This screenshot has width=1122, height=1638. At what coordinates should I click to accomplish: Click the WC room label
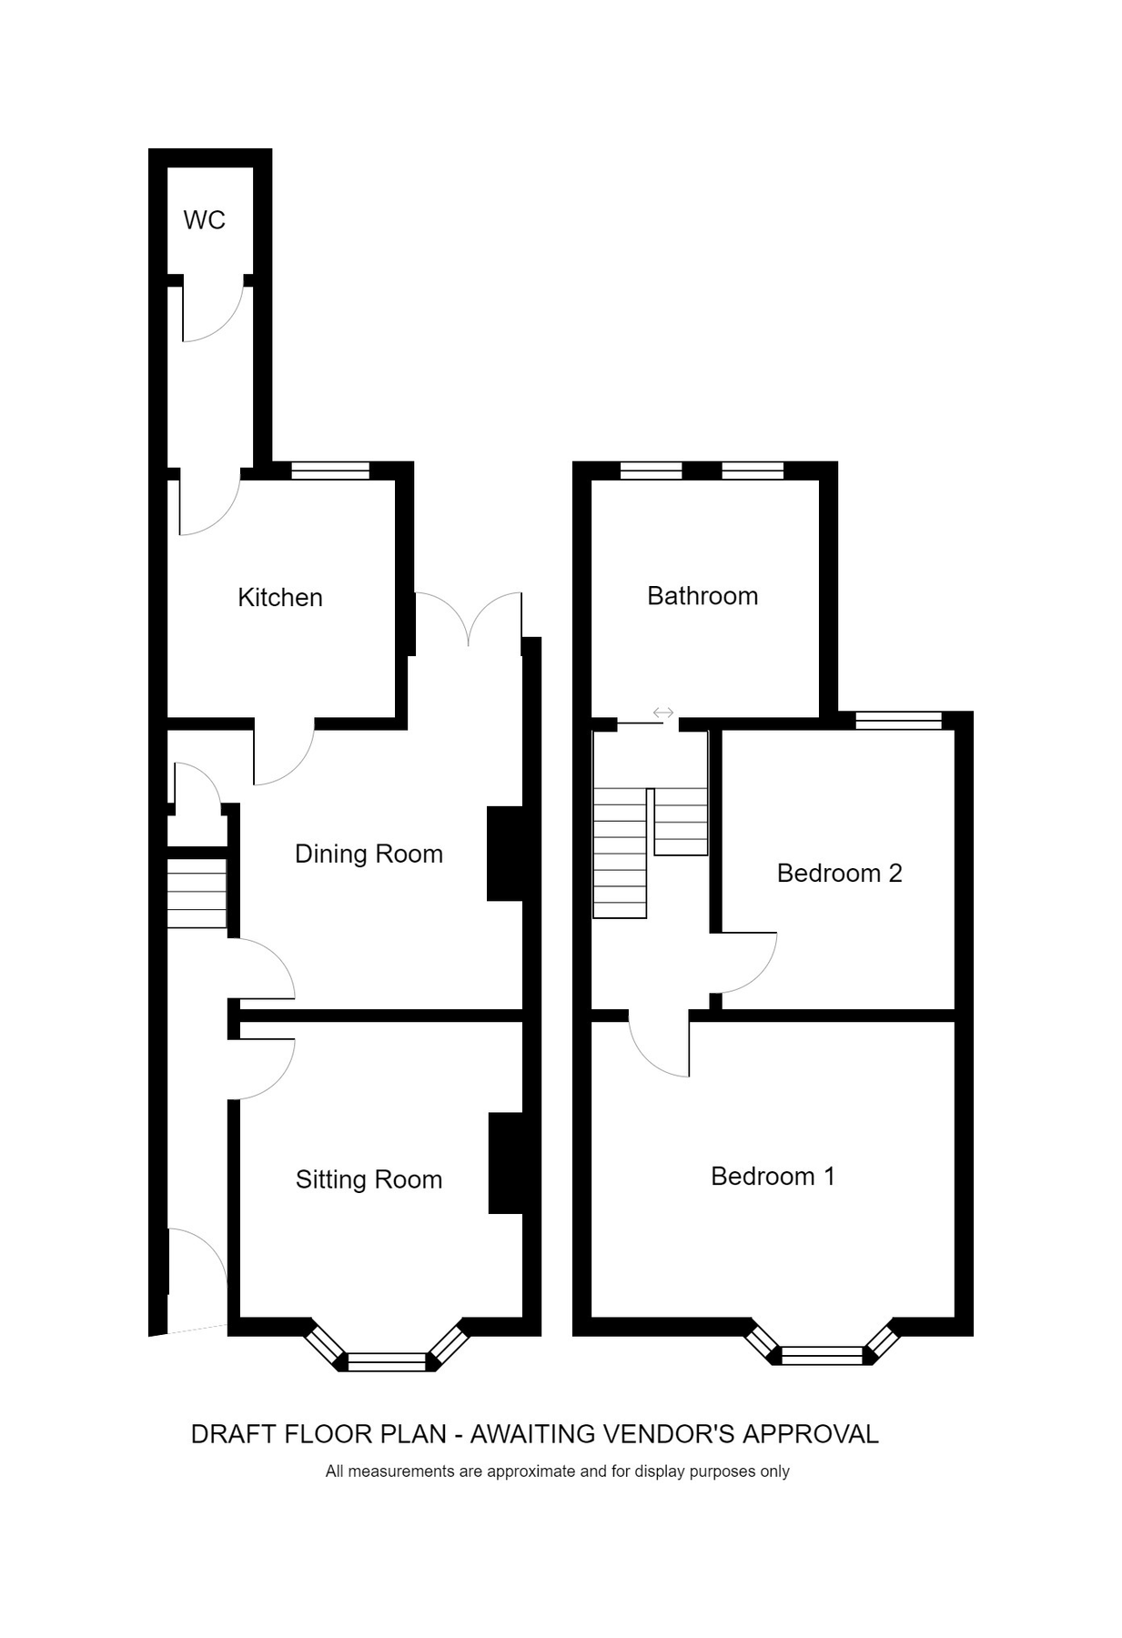tap(204, 220)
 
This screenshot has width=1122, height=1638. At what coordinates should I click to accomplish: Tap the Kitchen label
tap(280, 598)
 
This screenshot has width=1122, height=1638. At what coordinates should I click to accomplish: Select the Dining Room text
tap(369, 854)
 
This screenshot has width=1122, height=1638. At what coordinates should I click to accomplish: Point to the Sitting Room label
tap(369, 1180)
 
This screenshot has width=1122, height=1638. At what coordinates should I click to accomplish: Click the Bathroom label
tap(703, 596)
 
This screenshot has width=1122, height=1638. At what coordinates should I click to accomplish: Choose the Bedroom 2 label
tap(839, 874)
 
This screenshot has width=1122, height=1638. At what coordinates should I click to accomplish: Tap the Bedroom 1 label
tap(773, 1177)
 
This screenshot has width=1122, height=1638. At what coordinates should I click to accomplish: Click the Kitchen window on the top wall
tap(330, 470)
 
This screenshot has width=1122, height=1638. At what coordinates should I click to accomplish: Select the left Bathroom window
tap(651, 470)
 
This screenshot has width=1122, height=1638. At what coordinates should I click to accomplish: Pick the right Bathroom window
tap(753, 470)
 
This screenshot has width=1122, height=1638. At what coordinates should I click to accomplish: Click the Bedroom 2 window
tap(898, 721)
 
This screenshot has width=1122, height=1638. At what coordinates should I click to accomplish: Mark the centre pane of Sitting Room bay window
tap(387, 1361)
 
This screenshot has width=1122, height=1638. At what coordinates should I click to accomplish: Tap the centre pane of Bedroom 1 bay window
tap(822, 1356)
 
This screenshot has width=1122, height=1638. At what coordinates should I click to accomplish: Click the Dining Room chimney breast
tap(505, 854)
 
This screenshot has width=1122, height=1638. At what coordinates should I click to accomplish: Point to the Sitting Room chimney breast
tap(506, 1163)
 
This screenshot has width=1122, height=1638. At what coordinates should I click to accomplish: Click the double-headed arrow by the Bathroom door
tap(663, 713)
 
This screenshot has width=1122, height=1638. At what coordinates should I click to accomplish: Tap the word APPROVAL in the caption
tap(811, 1435)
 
